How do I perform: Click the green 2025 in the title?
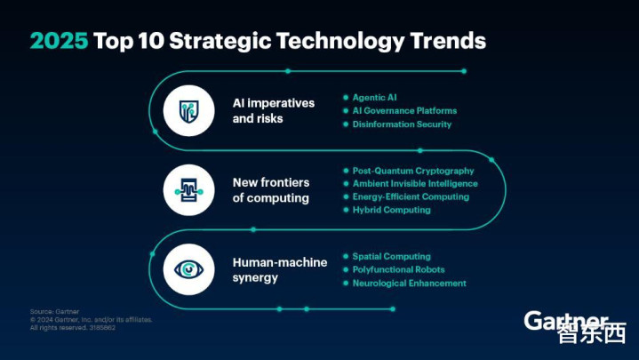click(59, 41)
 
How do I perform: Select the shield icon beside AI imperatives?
click(188, 111)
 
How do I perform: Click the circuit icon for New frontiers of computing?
click(188, 190)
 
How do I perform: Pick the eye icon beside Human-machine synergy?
click(188, 269)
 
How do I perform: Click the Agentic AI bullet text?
click(374, 98)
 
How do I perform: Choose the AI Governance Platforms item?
click(404, 110)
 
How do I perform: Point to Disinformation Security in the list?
click(402, 124)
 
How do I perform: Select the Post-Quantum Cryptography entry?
click(413, 171)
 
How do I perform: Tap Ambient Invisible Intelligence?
click(415, 183)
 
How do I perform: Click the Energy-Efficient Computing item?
click(411, 196)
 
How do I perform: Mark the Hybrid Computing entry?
click(392, 210)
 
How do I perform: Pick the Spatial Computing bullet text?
click(392, 256)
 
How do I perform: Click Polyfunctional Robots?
click(398, 269)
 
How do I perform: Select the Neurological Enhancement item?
click(409, 283)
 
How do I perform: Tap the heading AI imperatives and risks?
click(274, 110)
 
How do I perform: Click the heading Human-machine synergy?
click(280, 270)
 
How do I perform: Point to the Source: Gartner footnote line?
click(54, 311)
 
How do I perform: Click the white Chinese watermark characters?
click(591, 333)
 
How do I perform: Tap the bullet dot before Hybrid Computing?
click(346, 210)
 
